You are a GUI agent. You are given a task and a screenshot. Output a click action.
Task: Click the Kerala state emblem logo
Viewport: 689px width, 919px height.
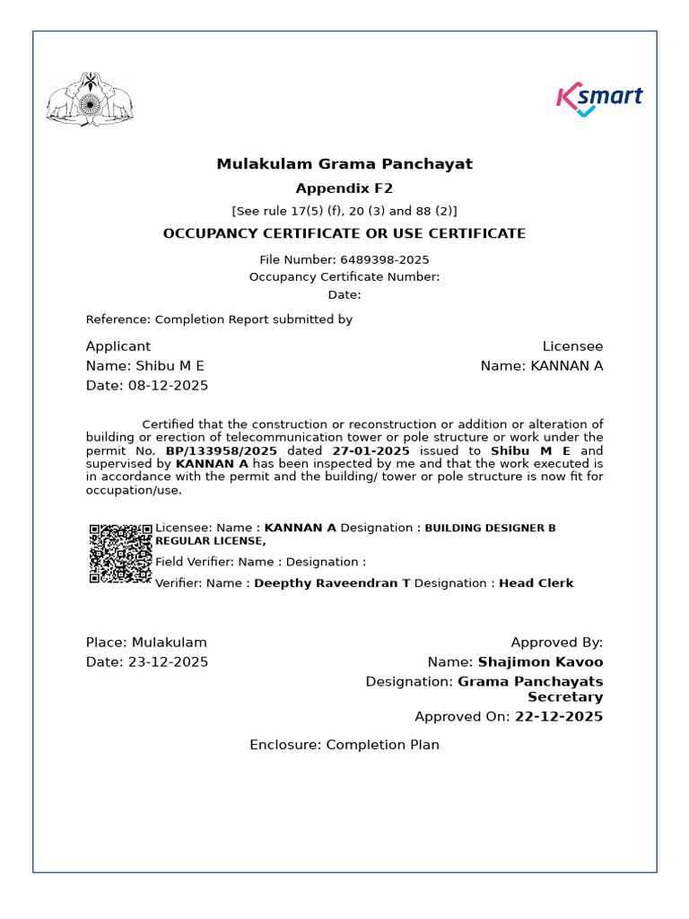(88, 99)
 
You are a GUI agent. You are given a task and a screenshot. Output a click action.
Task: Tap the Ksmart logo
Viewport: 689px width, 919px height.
(599, 99)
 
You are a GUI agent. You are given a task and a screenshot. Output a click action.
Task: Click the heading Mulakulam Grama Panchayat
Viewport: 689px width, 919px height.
(344, 164)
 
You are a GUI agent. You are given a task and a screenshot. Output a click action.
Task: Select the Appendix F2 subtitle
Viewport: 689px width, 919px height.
(344, 188)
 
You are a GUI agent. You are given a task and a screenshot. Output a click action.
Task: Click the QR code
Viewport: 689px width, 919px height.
(120, 554)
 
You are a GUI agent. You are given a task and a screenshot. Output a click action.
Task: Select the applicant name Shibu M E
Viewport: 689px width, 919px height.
(170, 366)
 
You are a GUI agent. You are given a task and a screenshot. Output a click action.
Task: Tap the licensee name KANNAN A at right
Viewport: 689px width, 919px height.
(567, 366)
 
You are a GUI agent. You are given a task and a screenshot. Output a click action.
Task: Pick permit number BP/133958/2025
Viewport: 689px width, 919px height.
(222, 451)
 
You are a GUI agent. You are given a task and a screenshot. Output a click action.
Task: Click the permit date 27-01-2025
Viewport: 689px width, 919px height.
(371, 451)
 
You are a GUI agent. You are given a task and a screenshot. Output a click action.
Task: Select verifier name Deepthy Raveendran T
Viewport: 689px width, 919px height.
(332, 583)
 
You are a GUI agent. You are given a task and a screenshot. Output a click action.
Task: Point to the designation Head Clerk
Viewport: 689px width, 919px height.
(536, 583)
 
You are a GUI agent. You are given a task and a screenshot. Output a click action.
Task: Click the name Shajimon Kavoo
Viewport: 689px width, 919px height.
(540, 662)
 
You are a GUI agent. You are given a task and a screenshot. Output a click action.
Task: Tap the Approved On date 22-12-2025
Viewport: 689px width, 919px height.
(559, 717)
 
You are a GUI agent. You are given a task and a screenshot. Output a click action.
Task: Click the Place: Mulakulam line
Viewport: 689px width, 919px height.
(146, 643)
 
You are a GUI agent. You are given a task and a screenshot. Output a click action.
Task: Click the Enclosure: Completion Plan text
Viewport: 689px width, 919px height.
(344, 745)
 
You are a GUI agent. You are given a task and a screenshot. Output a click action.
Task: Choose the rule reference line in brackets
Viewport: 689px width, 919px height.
(344, 211)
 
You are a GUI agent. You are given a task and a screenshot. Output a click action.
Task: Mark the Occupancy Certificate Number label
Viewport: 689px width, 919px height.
(344, 277)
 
